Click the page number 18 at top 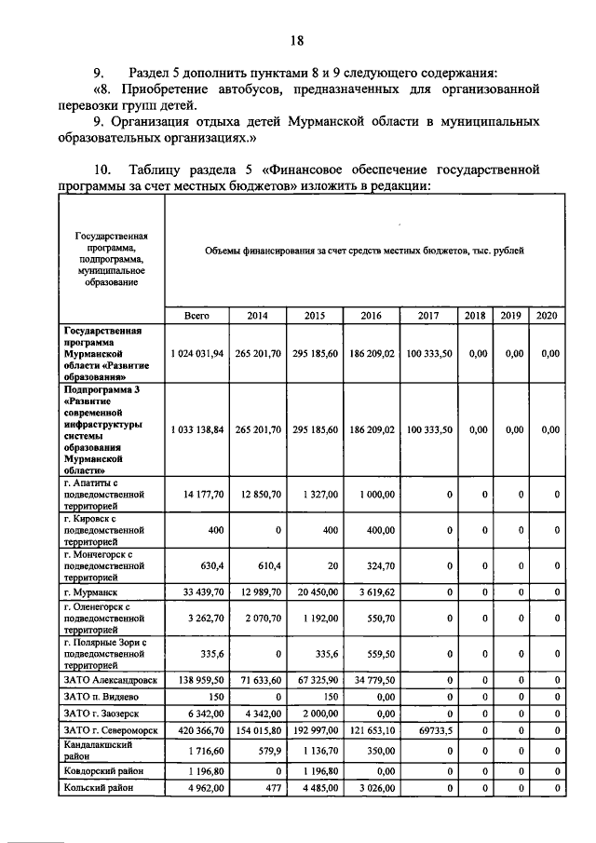coord(296,40)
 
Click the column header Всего coord(196,316)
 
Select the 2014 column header coord(256,316)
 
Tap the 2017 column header coord(428,316)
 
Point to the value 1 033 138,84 coord(197,429)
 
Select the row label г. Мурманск coord(93,591)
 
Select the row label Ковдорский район coord(102,771)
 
